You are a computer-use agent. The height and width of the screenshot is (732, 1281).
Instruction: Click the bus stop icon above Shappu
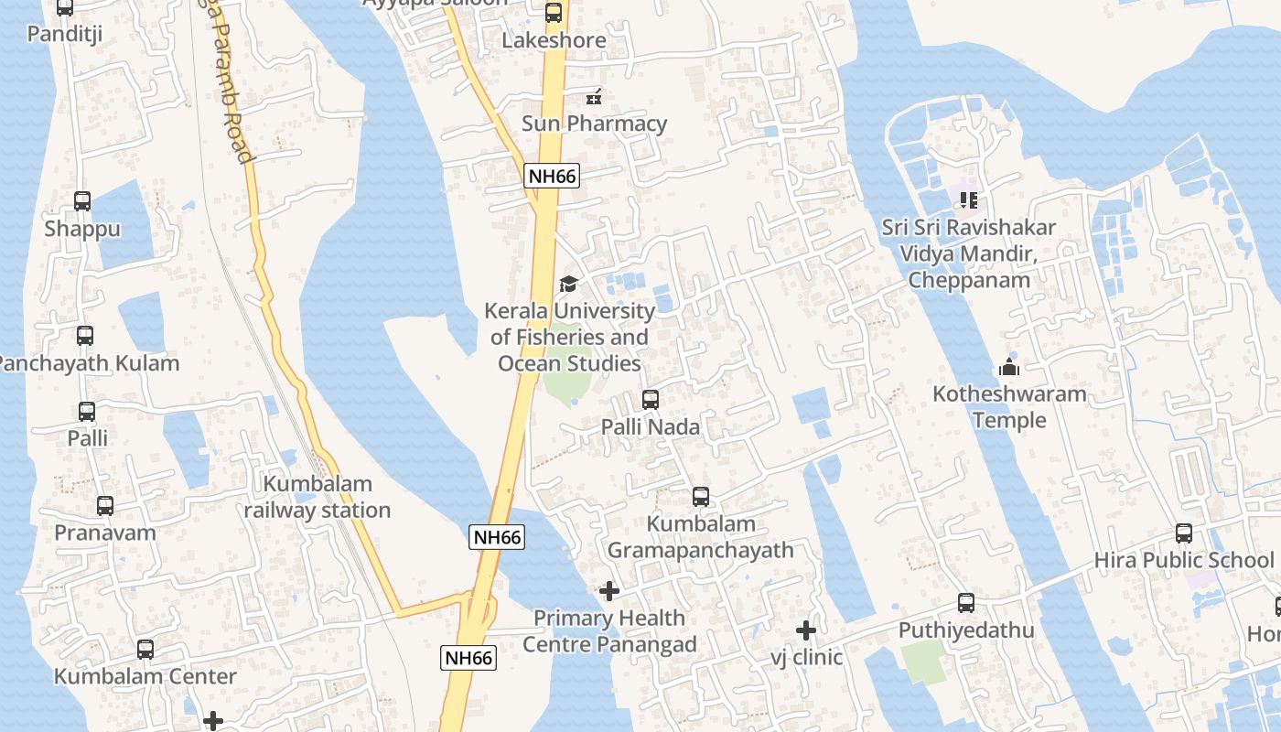(82, 201)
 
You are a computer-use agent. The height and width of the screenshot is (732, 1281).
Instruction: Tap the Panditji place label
(64, 34)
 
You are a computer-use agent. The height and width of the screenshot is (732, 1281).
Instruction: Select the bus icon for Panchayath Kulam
(85, 336)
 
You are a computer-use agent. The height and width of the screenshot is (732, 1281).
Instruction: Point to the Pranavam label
(105, 533)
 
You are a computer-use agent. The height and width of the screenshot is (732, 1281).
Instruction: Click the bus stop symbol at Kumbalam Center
(145, 650)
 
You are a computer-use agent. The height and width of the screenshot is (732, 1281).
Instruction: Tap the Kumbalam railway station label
(318, 497)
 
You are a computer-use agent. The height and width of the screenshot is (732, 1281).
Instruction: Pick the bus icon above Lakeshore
(554, 13)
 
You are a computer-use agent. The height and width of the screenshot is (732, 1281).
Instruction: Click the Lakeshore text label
(554, 40)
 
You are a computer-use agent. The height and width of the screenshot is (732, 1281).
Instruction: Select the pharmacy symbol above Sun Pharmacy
(594, 96)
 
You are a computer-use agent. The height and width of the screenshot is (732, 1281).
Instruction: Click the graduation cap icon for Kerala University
(568, 284)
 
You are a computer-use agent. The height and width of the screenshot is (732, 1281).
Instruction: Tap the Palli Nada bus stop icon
(651, 400)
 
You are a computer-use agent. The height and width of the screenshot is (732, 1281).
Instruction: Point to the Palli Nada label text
(651, 426)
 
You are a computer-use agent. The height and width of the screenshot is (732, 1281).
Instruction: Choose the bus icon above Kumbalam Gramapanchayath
(701, 497)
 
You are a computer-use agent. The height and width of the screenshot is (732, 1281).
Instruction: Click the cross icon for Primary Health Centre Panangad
(609, 591)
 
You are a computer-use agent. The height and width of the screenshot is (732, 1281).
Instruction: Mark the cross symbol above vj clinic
(806, 630)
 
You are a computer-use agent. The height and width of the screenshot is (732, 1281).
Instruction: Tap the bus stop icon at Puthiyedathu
(966, 603)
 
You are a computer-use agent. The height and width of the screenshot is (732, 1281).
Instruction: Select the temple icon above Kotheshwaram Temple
(1010, 367)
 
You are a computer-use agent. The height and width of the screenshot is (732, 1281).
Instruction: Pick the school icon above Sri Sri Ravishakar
(969, 199)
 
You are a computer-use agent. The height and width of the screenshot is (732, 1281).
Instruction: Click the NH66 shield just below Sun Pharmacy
(553, 177)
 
